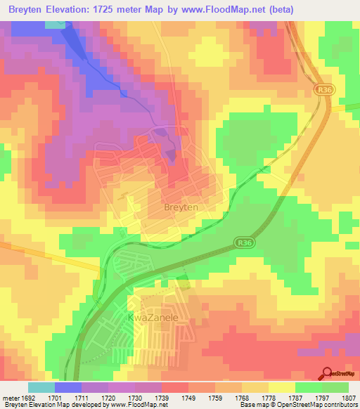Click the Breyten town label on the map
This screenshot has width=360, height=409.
coord(180,208)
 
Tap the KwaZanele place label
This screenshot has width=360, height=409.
coord(150,318)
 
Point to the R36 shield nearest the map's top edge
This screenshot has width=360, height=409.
coord(323,90)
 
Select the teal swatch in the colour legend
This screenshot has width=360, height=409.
coord(41,387)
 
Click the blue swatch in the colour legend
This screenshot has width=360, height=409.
coord(68,387)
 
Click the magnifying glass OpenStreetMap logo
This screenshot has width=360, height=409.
coord(328,373)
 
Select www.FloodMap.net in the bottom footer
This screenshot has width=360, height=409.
coord(137,405)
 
